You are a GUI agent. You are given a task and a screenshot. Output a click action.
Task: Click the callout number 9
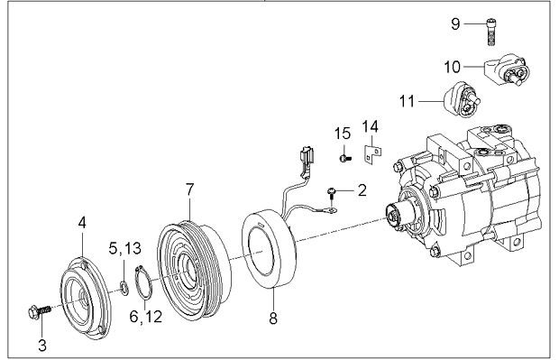(455, 23)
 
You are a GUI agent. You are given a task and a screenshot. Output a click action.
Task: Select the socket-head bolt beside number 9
(491, 32)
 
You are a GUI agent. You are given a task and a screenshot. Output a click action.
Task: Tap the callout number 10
(452, 67)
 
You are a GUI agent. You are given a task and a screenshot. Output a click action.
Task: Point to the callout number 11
(407, 101)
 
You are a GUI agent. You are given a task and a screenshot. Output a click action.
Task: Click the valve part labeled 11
(463, 100)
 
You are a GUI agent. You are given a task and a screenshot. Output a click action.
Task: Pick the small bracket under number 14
(372, 154)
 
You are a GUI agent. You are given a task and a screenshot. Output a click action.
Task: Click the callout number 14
(370, 126)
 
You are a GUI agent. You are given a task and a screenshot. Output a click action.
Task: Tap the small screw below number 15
(344, 158)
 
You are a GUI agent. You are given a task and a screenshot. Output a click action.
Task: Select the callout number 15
(343, 134)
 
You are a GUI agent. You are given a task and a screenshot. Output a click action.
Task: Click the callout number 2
(362, 190)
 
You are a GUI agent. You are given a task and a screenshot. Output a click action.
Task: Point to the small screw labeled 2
(332, 195)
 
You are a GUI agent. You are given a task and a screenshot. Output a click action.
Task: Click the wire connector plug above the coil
(307, 155)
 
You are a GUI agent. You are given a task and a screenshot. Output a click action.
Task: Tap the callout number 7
(189, 189)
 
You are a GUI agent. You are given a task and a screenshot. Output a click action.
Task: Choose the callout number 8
(273, 318)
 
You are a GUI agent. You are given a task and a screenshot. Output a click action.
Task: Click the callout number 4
(82, 223)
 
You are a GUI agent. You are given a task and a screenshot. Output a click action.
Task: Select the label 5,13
(124, 248)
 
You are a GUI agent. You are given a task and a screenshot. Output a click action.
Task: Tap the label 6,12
(146, 316)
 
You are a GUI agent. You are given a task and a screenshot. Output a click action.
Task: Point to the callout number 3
(42, 346)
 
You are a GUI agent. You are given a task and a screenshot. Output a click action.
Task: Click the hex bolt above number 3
(39, 311)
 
